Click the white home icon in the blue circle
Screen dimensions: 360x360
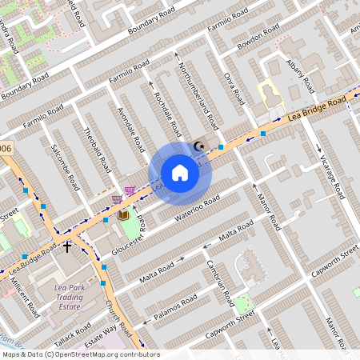click(180, 173)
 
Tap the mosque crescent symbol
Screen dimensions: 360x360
click(199, 146)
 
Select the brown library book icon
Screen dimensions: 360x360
click(123, 215)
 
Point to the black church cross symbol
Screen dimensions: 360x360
click(67, 247)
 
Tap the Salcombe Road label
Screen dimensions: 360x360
click(65, 166)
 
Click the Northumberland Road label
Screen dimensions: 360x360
click(198, 97)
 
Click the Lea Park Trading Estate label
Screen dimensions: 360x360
click(70, 296)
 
